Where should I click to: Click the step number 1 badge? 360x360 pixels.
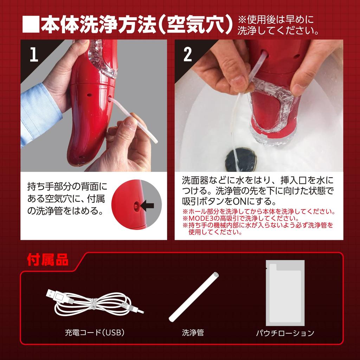pyautogui.click(x=34, y=54)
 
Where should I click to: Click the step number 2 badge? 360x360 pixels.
pyautogui.click(x=188, y=54)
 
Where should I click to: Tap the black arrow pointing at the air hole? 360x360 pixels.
pyautogui.click(x=147, y=205)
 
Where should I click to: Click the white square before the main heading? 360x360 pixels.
pyautogui.click(x=31, y=24)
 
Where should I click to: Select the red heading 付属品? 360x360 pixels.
pyautogui.click(x=48, y=260)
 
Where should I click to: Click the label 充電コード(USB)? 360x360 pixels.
pyautogui.click(x=95, y=332)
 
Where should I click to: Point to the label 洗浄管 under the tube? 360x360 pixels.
pyautogui.click(x=193, y=333)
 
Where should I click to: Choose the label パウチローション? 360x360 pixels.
pyautogui.click(x=285, y=333)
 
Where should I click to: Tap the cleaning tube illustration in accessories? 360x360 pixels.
pyautogui.click(x=194, y=297)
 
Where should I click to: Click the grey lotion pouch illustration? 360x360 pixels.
pyautogui.click(x=285, y=293)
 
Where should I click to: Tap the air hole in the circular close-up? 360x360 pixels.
pyautogui.click(x=136, y=206)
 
